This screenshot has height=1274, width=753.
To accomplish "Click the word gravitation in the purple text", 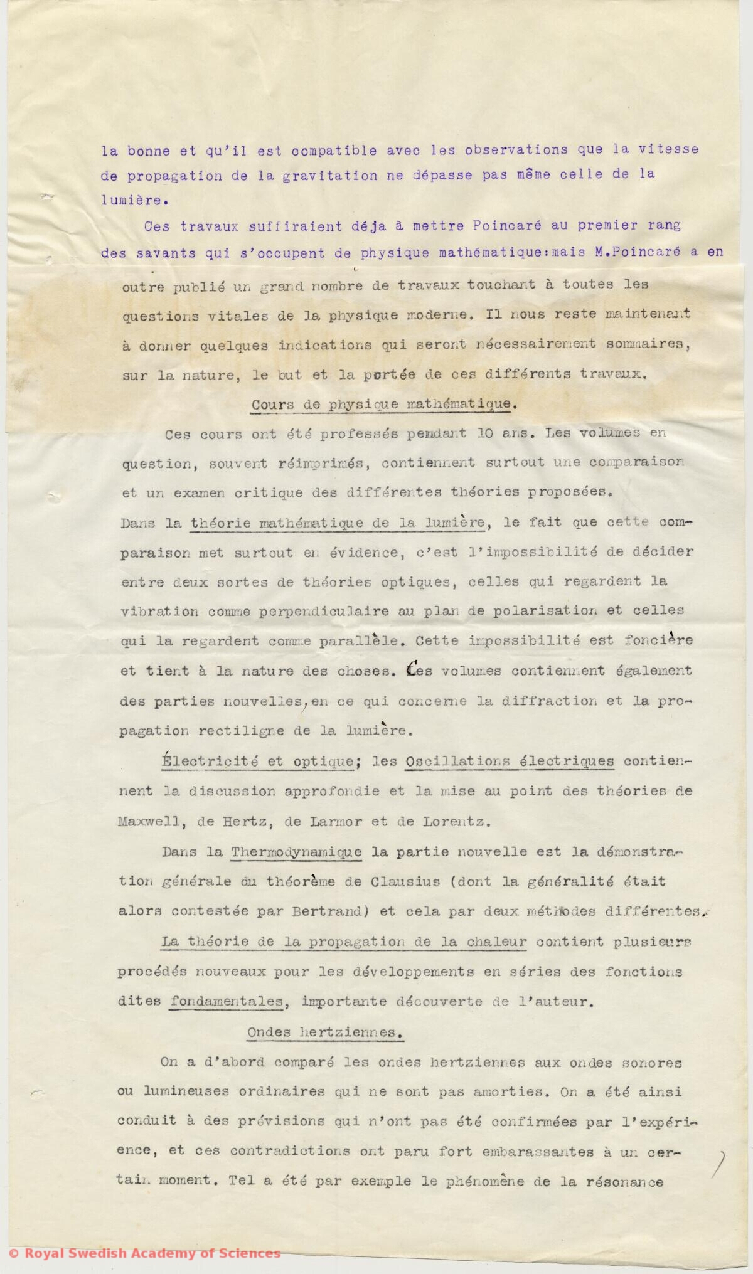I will pos(329,176).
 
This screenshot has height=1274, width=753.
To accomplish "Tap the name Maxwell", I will pos(143,822).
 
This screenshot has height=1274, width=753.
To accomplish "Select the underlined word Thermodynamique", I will pos(296,852).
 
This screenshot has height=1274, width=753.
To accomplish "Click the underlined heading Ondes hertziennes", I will pos(324,1032).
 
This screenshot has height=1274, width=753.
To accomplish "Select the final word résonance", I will pos(624,1182).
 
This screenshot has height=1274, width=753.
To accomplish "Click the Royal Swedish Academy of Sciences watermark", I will pos(144,1253).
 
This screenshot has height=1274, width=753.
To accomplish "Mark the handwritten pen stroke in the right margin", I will pos(720,1166).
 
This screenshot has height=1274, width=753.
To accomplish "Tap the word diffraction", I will pos(545,701).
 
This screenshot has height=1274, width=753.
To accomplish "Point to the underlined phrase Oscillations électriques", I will pos(510,762).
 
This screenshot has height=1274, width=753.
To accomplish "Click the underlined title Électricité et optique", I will pos(259,762).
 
